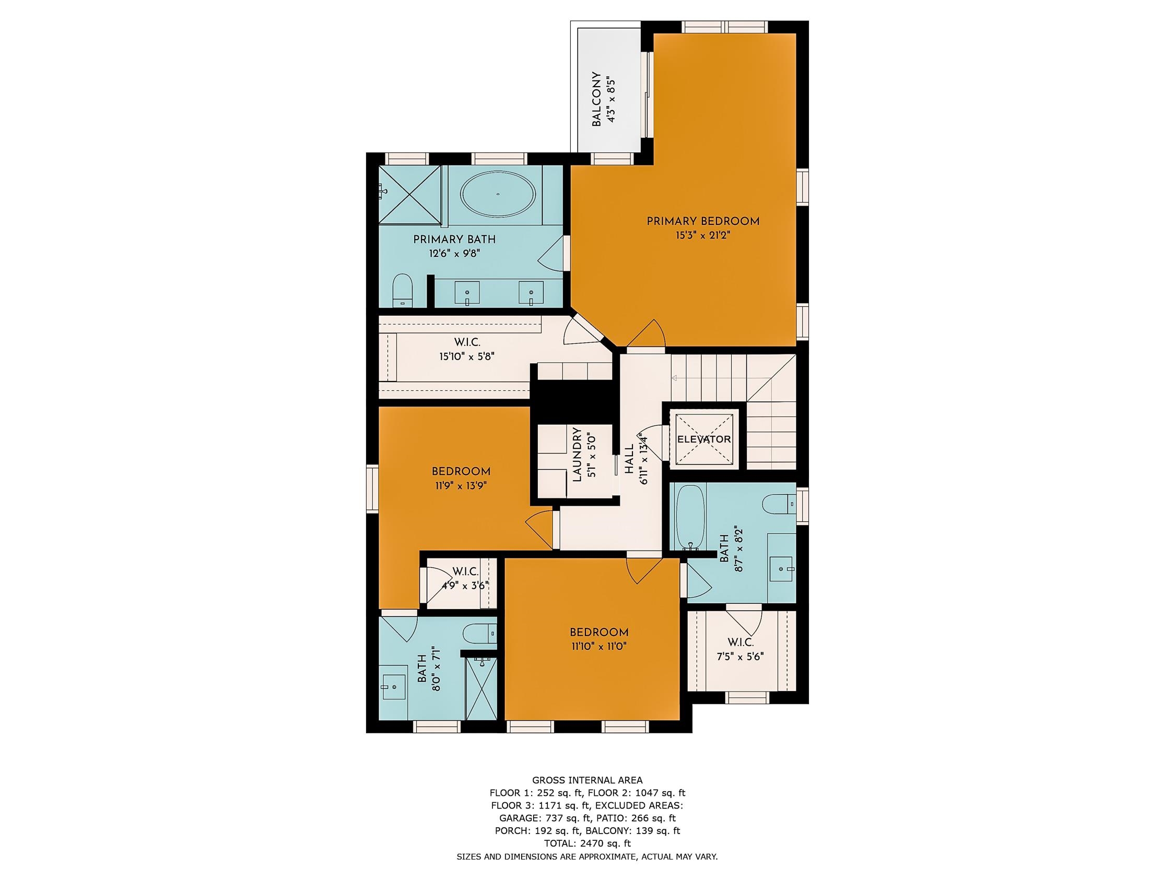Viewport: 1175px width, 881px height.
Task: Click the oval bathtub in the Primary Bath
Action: click(x=498, y=194)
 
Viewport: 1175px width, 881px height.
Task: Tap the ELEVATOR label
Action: click(x=704, y=439)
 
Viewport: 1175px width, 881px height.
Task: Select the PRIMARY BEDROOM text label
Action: click(x=703, y=221)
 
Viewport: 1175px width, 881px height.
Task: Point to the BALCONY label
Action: click(x=596, y=99)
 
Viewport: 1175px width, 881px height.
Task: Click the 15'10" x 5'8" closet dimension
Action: click(x=467, y=356)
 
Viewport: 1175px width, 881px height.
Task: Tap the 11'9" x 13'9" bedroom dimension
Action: click(x=460, y=485)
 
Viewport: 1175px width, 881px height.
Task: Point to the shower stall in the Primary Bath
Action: click(x=410, y=195)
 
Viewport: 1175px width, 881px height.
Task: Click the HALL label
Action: click(x=629, y=460)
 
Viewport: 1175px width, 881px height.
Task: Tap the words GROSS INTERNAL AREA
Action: click(x=587, y=780)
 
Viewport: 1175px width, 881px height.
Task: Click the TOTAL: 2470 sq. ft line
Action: click(x=587, y=843)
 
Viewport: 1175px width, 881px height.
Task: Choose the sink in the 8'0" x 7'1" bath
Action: click(x=394, y=687)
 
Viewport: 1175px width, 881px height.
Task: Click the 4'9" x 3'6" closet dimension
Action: click(x=465, y=586)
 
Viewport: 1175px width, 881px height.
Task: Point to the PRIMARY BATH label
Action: click(x=454, y=240)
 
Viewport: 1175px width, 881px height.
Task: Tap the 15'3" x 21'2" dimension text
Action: click(x=703, y=235)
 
